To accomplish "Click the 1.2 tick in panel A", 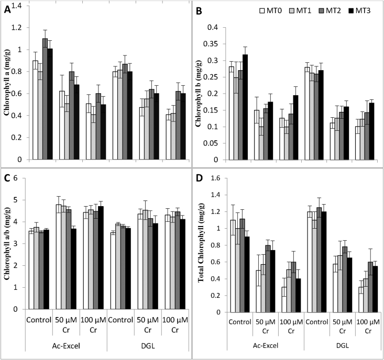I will [x=21, y=28].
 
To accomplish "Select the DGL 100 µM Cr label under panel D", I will [x=368, y=322].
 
